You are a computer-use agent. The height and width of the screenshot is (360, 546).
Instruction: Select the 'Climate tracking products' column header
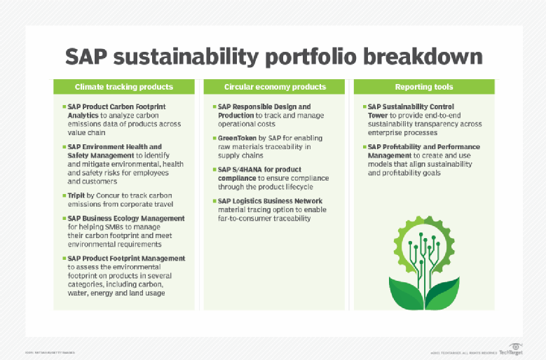[124, 87]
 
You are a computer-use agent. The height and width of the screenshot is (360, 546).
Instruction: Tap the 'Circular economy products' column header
[275, 87]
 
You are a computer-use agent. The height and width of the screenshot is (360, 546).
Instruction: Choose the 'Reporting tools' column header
[423, 87]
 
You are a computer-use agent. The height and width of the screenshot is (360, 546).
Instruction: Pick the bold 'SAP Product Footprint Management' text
[126, 258]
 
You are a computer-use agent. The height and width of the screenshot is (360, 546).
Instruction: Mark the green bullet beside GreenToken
[214, 139]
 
